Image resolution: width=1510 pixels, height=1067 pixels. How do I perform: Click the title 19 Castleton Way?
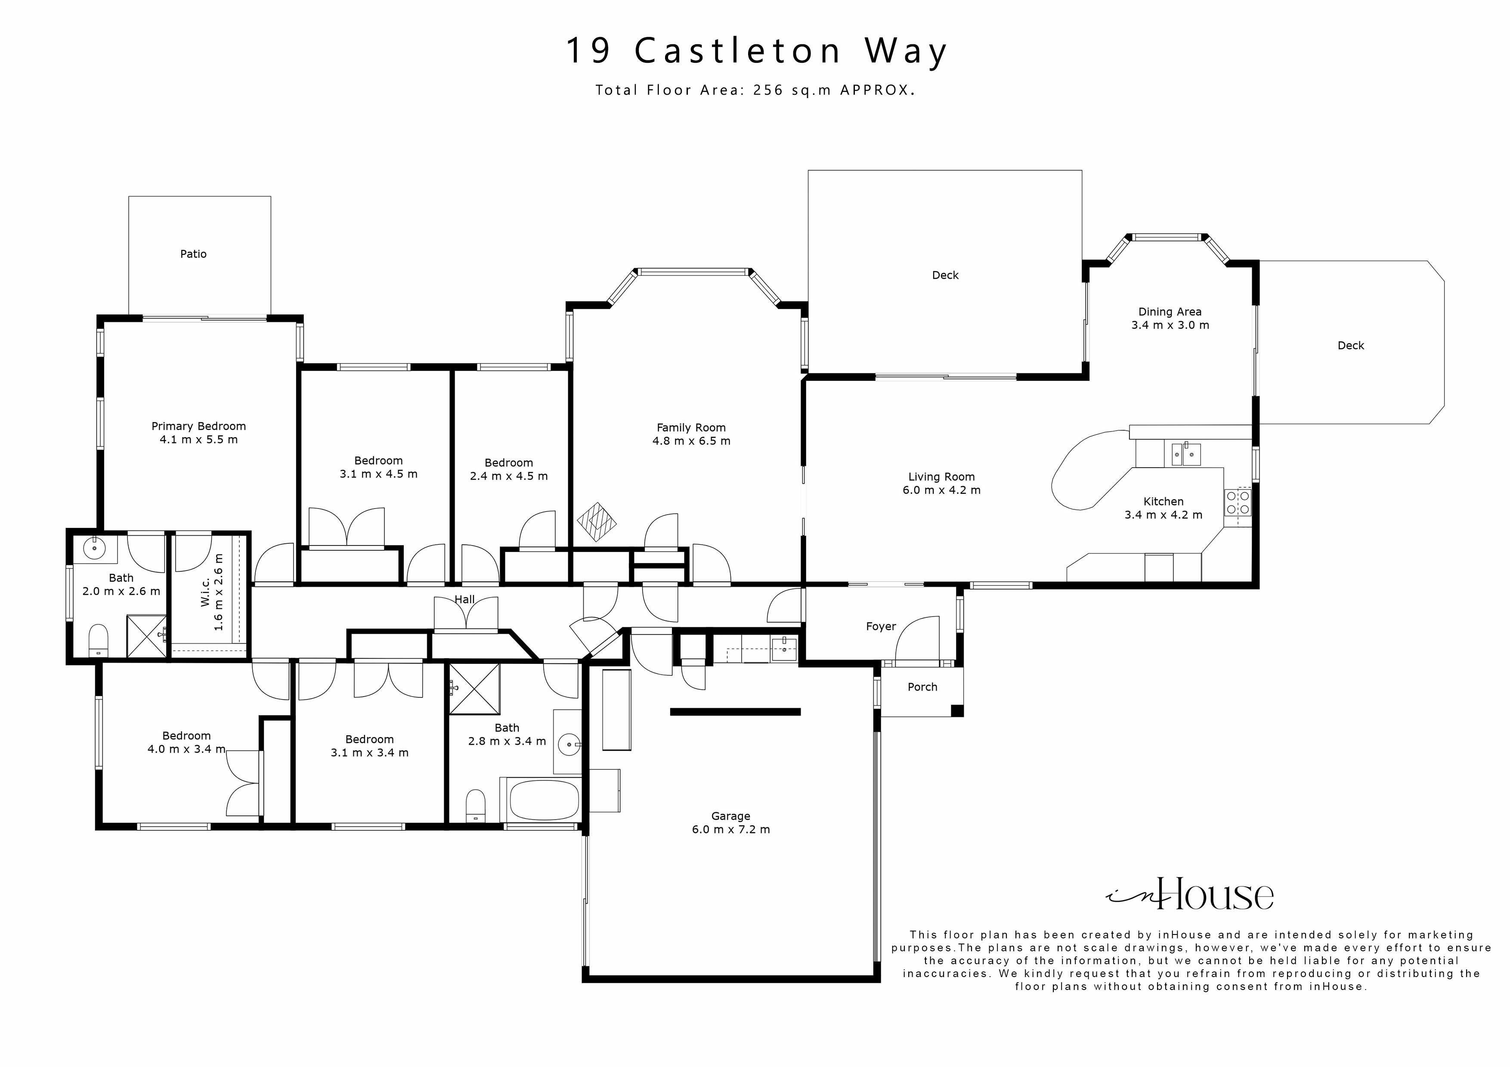[x=756, y=51]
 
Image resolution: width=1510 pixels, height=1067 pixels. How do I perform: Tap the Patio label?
[x=193, y=254]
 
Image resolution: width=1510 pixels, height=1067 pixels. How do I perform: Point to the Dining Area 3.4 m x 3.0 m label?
[x=1170, y=319]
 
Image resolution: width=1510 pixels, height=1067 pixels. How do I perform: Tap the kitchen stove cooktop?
[x=1238, y=503]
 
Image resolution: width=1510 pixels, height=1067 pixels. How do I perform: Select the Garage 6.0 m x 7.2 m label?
[x=730, y=823]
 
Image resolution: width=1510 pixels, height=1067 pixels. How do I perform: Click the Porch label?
[x=922, y=687]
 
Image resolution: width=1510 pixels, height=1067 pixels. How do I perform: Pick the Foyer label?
[x=881, y=626]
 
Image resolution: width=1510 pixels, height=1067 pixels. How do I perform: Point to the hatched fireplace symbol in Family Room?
[x=597, y=522]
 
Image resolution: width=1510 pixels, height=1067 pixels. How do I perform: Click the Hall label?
[x=464, y=600]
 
